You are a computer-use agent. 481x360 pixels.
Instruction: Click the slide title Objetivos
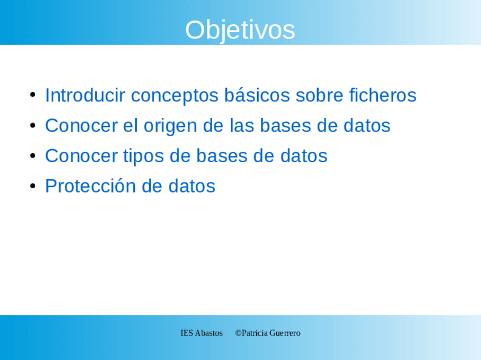[x=240, y=30]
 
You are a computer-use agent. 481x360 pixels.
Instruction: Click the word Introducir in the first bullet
[x=85, y=95]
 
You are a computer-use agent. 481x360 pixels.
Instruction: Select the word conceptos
[x=175, y=96]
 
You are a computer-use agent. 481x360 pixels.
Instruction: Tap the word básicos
[x=257, y=95]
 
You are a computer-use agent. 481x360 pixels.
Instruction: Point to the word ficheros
[x=383, y=95]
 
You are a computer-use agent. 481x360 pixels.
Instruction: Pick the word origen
[x=170, y=126]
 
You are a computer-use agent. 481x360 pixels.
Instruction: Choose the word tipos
[x=144, y=156]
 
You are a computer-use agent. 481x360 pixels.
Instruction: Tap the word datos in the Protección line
[x=192, y=186]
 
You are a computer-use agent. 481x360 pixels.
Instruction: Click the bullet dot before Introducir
[x=33, y=95]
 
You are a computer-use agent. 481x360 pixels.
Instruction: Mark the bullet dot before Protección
[x=33, y=186]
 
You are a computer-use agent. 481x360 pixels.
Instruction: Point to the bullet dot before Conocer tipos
[x=33, y=155]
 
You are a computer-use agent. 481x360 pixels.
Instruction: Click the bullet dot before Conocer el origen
[x=33, y=125]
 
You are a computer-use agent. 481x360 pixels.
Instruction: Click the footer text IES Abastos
[x=201, y=333]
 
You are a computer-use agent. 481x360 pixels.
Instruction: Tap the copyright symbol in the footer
[x=238, y=333]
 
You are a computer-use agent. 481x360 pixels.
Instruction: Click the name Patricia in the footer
[x=255, y=333]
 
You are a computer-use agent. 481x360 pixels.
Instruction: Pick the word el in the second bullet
[x=130, y=125]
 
